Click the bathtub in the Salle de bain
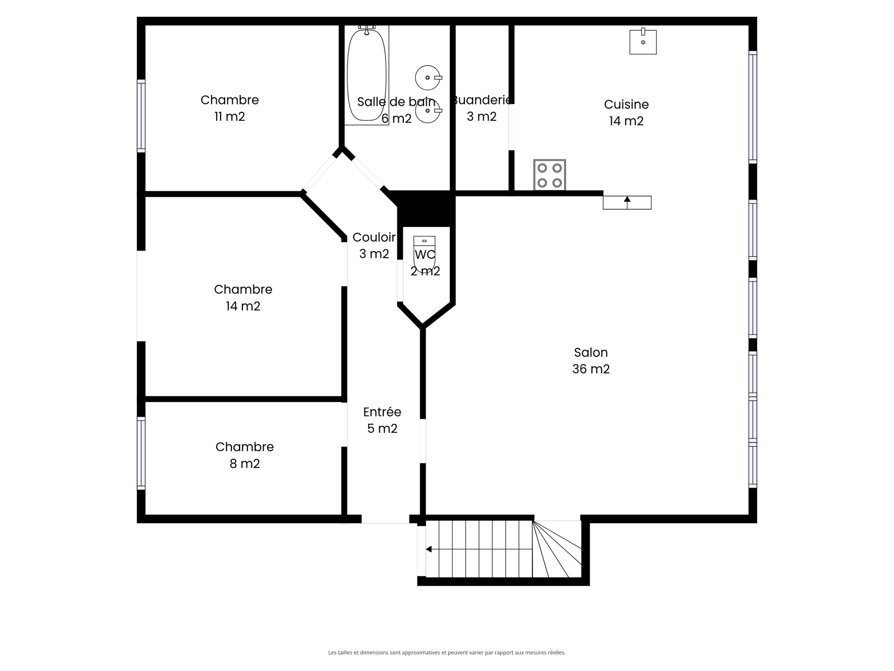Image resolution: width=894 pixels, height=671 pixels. pyautogui.click(x=367, y=75)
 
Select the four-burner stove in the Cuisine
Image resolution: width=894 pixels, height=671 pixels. pyautogui.click(x=549, y=175)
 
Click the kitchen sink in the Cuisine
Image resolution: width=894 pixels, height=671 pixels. pyautogui.click(x=643, y=41)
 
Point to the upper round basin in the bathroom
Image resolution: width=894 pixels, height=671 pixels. pyautogui.click(x=428, y=77)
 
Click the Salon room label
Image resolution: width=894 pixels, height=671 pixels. pyautogui.click(x=591, y=352)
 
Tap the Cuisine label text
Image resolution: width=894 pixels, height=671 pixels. pyautogui.click(x=626, y=105)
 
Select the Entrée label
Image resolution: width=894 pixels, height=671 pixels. pyautogui.click(x=382, y=412)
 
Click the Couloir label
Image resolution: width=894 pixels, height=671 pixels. pyautogui.click(x=374, y=237)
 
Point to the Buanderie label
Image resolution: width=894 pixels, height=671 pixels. pyautogui.click(x=482, y=100)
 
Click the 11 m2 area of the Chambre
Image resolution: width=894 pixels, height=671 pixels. pyautogui.click(x=230, y=117)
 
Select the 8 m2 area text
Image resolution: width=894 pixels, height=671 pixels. pyautogui.click(x=244, y=464)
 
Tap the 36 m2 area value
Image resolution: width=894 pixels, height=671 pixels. pyautogui.click(x=591, y=369)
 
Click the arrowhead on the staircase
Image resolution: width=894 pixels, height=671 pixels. pyautogui.click(x=429, y=549)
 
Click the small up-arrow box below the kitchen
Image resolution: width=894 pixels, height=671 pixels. pyautogui.click(x=627, y=202)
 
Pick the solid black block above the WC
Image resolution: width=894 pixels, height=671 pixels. pyautogui.click(x=426, y=209)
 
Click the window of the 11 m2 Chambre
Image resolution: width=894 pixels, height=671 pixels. pyautogui.click(x=141, y=116)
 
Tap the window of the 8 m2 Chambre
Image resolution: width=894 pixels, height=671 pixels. pyautogui.click(x=141, y=453)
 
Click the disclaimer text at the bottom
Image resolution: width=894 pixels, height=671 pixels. pyautogui.click(x=447, y=652)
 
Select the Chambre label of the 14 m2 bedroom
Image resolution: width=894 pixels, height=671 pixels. pyautogui.click(x=243, y=289)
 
